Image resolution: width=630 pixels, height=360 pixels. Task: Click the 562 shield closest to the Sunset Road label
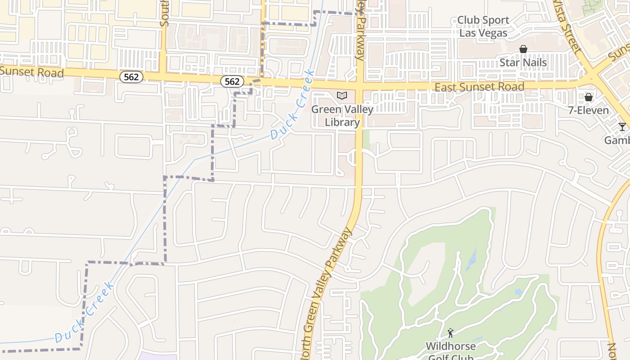click(131, 77)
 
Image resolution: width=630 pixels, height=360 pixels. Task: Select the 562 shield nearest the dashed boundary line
click(232, 81)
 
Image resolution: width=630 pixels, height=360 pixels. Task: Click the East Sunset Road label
click(479, 87)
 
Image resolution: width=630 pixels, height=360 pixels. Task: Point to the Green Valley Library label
click(342, 116)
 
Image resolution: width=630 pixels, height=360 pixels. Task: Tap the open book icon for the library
click(342, 95)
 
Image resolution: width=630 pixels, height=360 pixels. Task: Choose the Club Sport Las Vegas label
click(483, 27)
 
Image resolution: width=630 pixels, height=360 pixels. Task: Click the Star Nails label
click(523, 62)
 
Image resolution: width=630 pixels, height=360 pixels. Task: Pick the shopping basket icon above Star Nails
click(523, 49)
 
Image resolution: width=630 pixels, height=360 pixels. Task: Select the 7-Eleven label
click(588, 110)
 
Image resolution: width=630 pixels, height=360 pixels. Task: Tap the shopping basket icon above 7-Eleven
click(588, 97)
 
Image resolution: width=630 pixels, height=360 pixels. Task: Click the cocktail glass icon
click(622, 127)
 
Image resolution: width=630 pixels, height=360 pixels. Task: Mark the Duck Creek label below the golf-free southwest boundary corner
click(85, 312)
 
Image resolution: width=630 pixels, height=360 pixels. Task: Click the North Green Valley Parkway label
click(327, 292)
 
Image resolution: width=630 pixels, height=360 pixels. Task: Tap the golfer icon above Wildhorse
click(450, 333)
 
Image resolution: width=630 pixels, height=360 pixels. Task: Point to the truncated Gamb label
click(617, 140)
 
